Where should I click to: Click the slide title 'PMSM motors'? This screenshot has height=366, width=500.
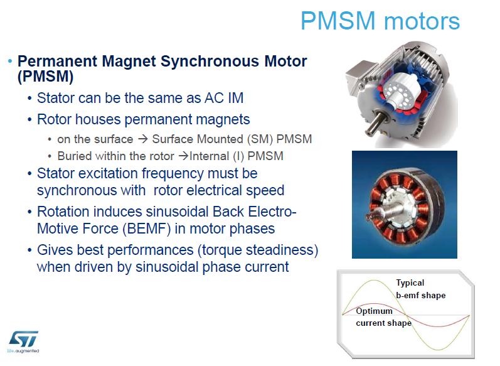point(380,21)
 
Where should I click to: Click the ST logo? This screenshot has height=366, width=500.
point(24,339)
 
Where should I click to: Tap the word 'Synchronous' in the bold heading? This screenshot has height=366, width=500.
point(210,61)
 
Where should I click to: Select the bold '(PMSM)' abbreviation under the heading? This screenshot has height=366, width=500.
point(45,76)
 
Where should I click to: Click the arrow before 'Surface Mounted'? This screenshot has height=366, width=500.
point(143,139)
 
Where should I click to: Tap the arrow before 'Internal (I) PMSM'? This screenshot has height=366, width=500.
point(184,156)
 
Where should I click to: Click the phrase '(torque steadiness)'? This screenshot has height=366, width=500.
point(258,250)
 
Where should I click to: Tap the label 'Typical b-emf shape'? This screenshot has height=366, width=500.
point(420,289)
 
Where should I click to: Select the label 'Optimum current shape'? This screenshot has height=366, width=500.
point(383,317)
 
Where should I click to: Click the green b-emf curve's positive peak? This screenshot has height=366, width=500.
point(374,280)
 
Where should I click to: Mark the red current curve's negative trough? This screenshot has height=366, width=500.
point(437,326)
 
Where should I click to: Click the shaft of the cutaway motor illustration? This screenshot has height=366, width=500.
point(375,124)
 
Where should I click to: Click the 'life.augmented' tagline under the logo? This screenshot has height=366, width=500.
point(23,351)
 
